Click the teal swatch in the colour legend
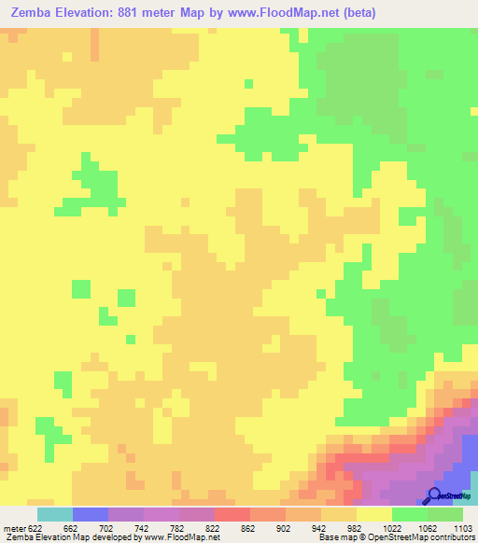tap(54, 514)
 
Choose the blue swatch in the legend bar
tap(90, 514)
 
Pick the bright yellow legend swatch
tap(374, 514)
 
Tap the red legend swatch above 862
tap(232, 514)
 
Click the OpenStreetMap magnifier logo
tap(436, 496)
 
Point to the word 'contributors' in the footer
tap(451, 537)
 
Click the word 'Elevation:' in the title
tap(101, 14)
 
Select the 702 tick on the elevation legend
tap(105, 528)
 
